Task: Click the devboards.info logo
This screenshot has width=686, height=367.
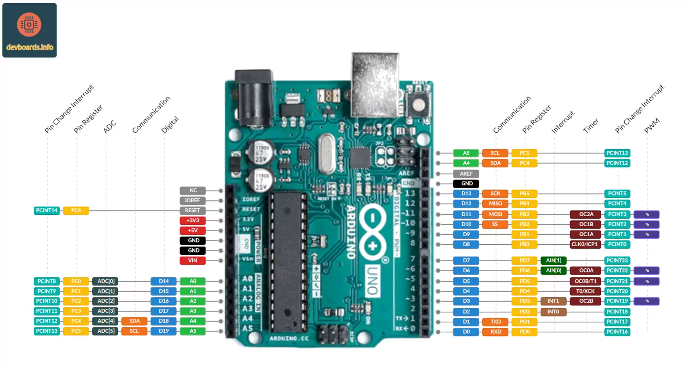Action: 29,30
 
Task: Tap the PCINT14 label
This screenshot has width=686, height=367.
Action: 47,210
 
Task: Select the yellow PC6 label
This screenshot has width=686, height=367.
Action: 76,210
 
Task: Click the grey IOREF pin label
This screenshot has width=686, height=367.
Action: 193,200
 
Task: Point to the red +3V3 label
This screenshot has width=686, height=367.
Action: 193,220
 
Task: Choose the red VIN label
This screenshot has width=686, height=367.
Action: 193,261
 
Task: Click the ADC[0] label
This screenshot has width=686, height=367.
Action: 106,281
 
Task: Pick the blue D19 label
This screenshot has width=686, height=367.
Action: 164,331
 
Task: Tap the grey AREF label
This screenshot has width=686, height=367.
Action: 466,174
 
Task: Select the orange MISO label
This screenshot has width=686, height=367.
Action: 495,203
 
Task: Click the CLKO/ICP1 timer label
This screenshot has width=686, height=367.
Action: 585,244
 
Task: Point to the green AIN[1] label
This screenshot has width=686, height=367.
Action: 553,261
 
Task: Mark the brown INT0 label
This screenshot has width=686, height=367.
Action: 553,312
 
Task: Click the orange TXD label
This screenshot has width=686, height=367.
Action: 495,322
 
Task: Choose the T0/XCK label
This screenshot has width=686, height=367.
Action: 585,291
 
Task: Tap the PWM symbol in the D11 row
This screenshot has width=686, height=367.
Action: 647,214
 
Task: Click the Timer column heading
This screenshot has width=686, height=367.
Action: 591,126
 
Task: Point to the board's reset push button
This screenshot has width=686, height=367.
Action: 418,105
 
